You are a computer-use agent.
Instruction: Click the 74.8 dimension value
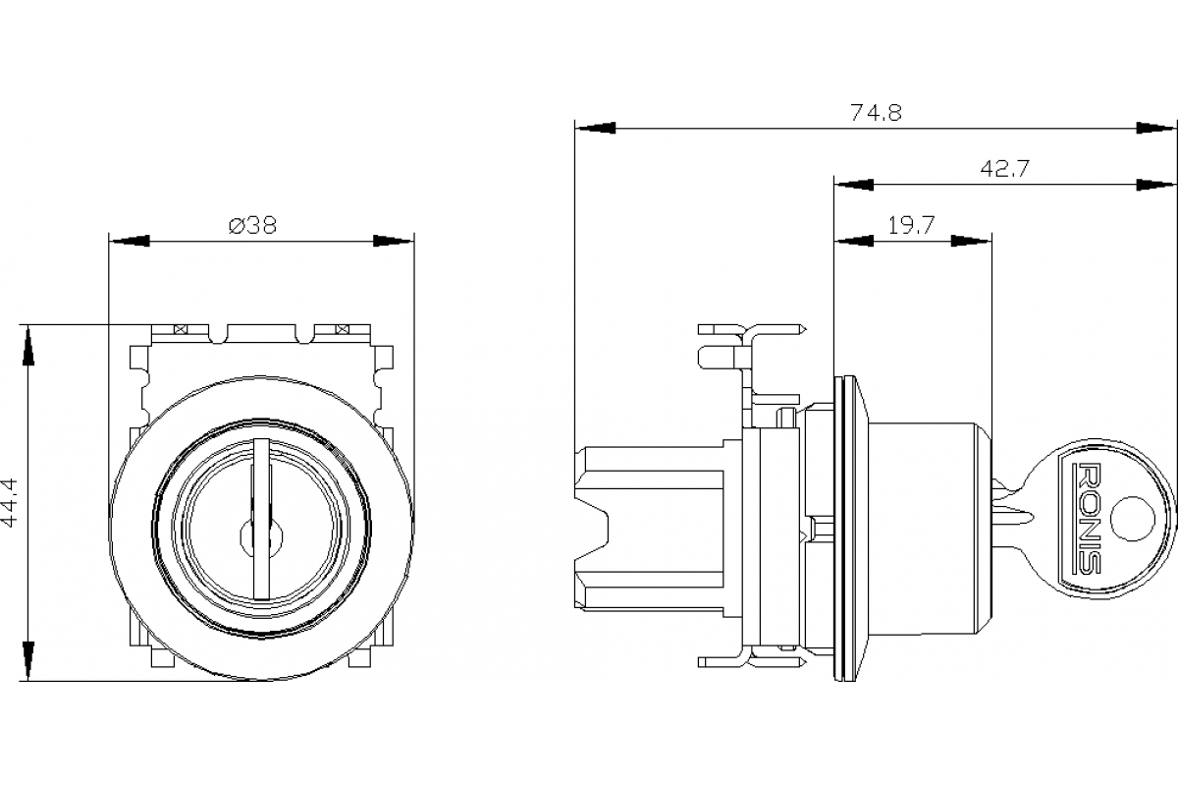[x=876, y=112]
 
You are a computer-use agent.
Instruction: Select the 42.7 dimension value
[x=1004, y=168]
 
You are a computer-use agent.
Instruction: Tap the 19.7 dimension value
[x=911, y=225]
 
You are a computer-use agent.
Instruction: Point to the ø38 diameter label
[x=253, y=225]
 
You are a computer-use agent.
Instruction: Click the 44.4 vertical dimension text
[x=10, y=502]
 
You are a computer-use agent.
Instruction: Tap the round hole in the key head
[x=1133, y=519]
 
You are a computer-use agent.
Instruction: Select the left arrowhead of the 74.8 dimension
[x=595, y=128]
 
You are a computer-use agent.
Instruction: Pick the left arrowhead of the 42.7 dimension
[x=853, y=185]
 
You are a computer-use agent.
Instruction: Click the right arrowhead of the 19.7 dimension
[x=972, y=241]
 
